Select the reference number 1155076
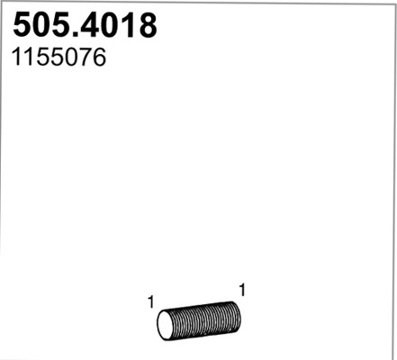[x=58, y=58]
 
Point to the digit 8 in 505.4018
[x=146, y=25]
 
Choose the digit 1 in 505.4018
[x=126, y=25]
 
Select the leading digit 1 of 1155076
[x=17, y=58]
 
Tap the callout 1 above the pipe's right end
[x=242, y=290]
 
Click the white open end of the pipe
[x=165, y=326]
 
